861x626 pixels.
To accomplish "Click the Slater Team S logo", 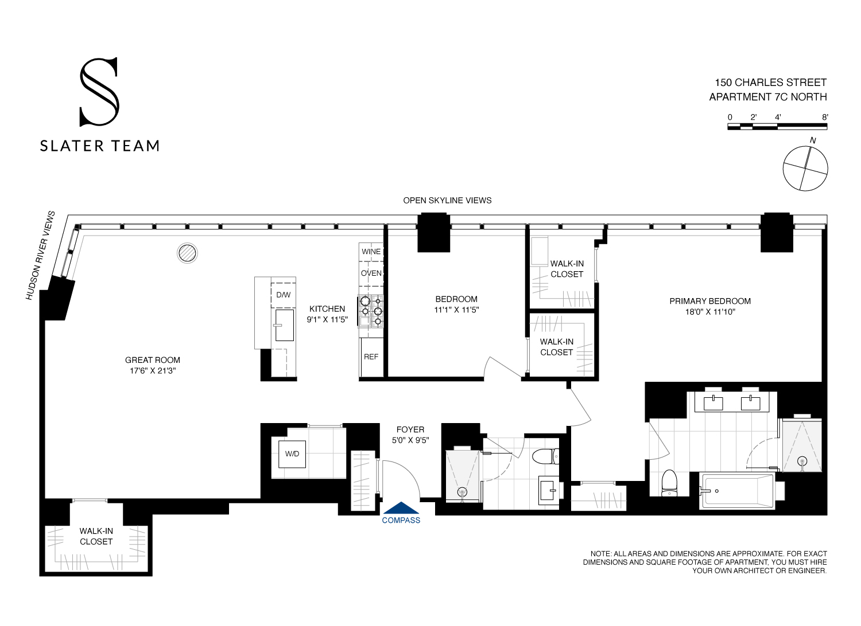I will click(x=99, y=92).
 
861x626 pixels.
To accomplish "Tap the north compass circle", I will click(x=805, y=169).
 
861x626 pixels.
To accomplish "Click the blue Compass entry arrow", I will click(x=401, y=508).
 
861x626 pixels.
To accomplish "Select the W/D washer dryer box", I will click(x=292, y=453).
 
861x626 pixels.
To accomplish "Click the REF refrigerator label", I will click(x=371, y=357).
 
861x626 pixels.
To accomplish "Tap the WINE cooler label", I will click(x=371, y=252).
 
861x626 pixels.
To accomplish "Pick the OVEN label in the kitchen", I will click(x=371, y=273).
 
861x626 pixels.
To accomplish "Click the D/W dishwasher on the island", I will click(x=284, y=295).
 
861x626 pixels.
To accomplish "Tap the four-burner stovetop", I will click(x=371, y=311).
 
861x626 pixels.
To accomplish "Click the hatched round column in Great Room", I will click(x=187, y=253).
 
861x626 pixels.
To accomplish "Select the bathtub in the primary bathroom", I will click(x=737, y=491).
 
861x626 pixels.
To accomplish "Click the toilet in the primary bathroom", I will click(x=669, y=483).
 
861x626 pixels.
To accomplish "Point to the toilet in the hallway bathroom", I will click(x=545, y=456).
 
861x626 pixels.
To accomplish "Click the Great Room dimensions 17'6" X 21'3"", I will click(x=153, y=371).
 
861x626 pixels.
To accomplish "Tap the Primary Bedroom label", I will click(x=710, y=301).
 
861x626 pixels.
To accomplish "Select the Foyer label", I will click(x=410, y=429).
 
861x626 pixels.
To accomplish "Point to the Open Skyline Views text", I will click(x=447, y=200).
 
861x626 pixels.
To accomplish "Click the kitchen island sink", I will click(x=284, y=325).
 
